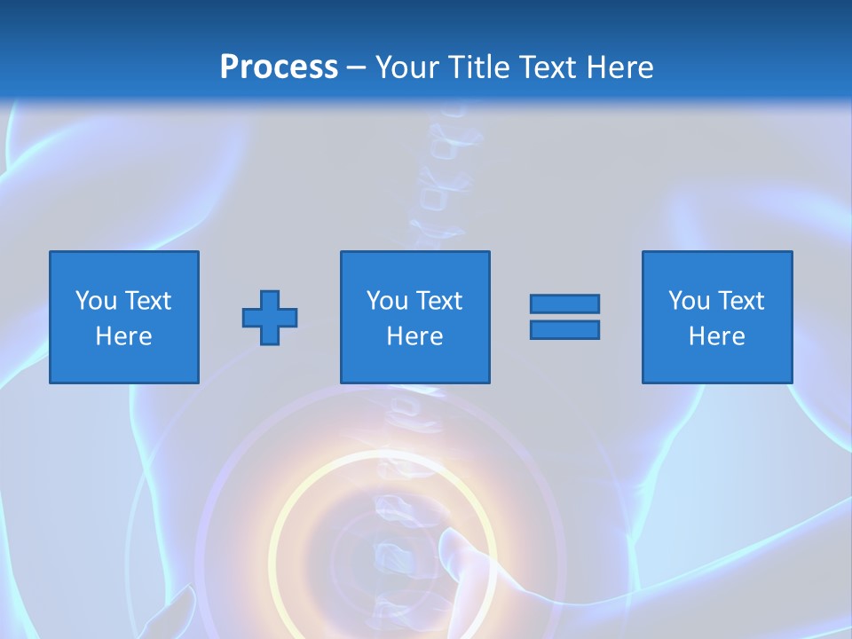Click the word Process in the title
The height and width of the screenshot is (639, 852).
pyautogui.click(x=279, y=67)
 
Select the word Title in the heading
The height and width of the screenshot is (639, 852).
pyautogui.click(x=480, y=67)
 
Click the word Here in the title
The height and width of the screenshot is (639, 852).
pyautogui.click(x=621, y=67)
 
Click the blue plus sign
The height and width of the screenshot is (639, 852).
pyautogui.click(x=270, y=318)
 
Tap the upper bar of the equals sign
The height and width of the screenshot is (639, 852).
pyautogui.click(x=564, y=304)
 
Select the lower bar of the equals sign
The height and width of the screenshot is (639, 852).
pyautogui.click(x=564, y=329)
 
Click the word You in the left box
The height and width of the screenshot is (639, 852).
pyautogui.click(x=96, y=301)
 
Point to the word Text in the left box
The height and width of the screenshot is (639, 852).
pyautogui.click(x=147, y=301)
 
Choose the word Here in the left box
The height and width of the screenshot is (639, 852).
pyautogui.click(x=123, y=336)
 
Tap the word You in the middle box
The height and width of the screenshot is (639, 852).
pyautogui.click(x=387, y=301)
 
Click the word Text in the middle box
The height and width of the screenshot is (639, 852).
pyautogui.click(x=438, y=301)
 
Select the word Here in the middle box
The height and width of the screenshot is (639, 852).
pyautogui.click(x=414, y=336)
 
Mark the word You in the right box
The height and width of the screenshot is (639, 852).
pyautogui.click(x=689, y=301)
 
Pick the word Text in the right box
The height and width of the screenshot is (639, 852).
pyautogui.click(x=740, y=301)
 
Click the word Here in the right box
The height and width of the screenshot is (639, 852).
pyautogui.click(x=716, y=336)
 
